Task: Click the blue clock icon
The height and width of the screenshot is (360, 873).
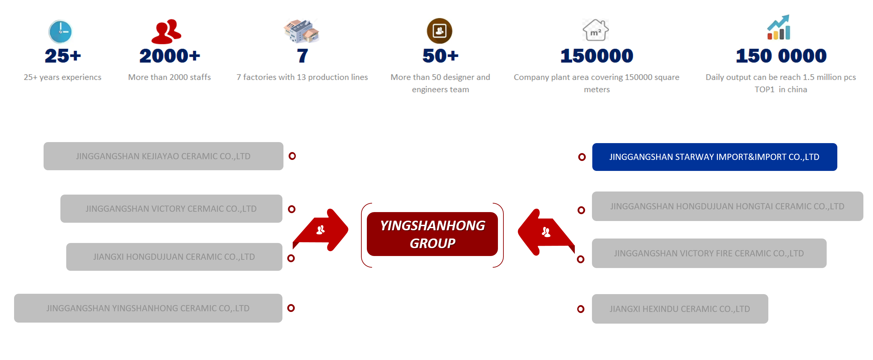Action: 60,32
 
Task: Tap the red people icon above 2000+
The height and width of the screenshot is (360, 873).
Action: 166,32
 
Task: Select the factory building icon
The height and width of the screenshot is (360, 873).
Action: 301,31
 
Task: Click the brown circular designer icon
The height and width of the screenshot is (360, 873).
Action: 439,31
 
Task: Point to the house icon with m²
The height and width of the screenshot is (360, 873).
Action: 596,30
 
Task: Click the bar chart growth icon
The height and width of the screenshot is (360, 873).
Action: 779,27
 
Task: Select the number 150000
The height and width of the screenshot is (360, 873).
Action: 597,56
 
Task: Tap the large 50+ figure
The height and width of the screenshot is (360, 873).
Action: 440,56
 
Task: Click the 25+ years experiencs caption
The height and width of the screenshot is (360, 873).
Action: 62,77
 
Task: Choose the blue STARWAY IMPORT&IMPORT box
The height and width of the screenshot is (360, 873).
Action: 714,157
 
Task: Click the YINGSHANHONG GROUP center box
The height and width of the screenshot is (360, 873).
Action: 432,234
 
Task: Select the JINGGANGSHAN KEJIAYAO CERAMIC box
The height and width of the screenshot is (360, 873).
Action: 163,156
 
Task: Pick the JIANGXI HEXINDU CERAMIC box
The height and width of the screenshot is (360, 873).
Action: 680,309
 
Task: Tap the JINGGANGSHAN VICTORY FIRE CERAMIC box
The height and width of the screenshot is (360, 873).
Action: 709,253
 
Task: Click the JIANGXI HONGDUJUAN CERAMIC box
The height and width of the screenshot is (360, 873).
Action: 174,257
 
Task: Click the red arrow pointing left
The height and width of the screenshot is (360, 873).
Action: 546,232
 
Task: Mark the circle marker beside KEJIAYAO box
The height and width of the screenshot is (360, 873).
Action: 292,156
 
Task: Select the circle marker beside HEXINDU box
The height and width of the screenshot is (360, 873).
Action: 581,309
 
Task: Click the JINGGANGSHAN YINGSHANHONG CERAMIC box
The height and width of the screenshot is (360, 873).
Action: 148,308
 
